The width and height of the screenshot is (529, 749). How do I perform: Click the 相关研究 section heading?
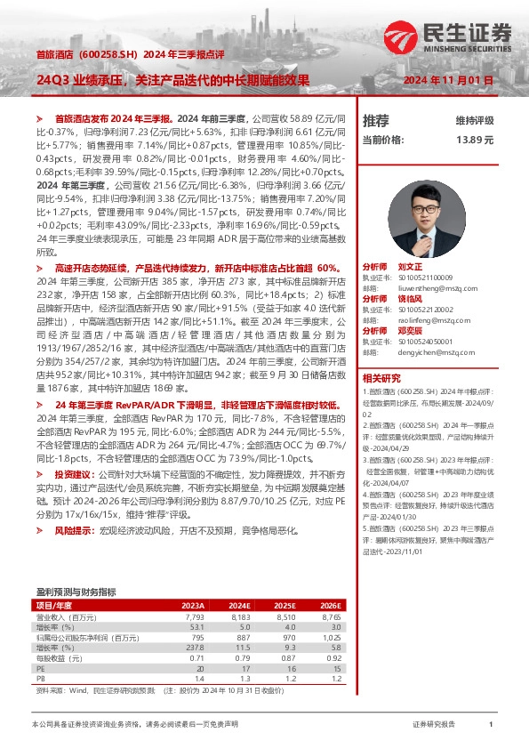pyautogui.click(x=381, y=376)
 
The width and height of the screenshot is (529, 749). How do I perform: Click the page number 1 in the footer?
pyautogui.click(x=491, y=725)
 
